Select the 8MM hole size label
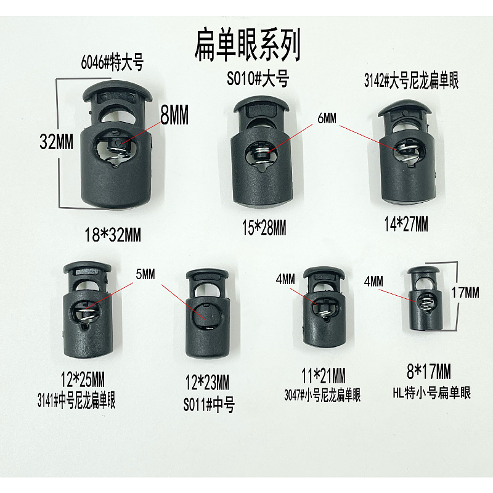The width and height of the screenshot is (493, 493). [x=174, y=115]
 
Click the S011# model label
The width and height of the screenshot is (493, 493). [x=209, y=405]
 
